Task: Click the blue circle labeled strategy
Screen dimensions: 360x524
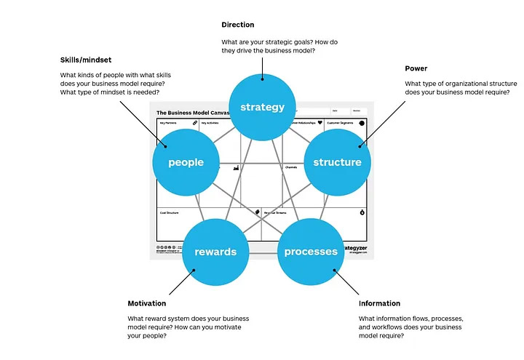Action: pos(262,107)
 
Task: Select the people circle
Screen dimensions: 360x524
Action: pos(186,162)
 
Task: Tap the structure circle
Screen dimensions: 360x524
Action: pos(337,162)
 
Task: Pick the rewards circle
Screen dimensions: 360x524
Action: pos(215,252)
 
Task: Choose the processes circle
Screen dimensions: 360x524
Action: pos(311,252)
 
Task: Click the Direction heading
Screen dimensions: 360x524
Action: pos(238,25)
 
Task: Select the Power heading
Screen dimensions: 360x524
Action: pos(416,68)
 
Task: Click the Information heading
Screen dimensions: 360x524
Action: pos(379,303)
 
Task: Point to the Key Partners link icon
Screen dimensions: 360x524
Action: pos(195,124)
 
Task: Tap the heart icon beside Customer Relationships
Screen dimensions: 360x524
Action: pos(319,124)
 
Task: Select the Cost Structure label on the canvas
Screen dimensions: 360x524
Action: pos(170,212)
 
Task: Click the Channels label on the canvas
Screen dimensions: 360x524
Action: pos(290,167)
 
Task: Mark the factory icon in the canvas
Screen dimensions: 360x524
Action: pos(236,168)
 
